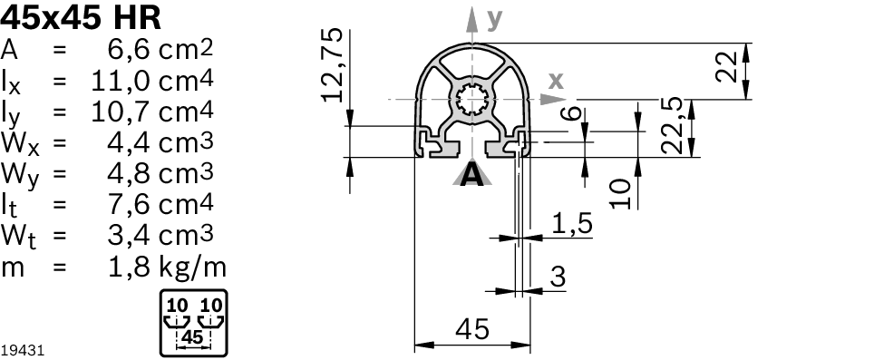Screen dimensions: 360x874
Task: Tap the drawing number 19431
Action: tap(23, 349)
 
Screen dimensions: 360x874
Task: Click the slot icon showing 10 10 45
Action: tap(193, 322)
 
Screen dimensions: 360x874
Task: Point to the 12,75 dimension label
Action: tap(334, 64)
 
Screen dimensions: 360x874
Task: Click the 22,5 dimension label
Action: tap(672, 129)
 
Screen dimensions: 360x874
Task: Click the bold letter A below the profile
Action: tap(472, 175)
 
